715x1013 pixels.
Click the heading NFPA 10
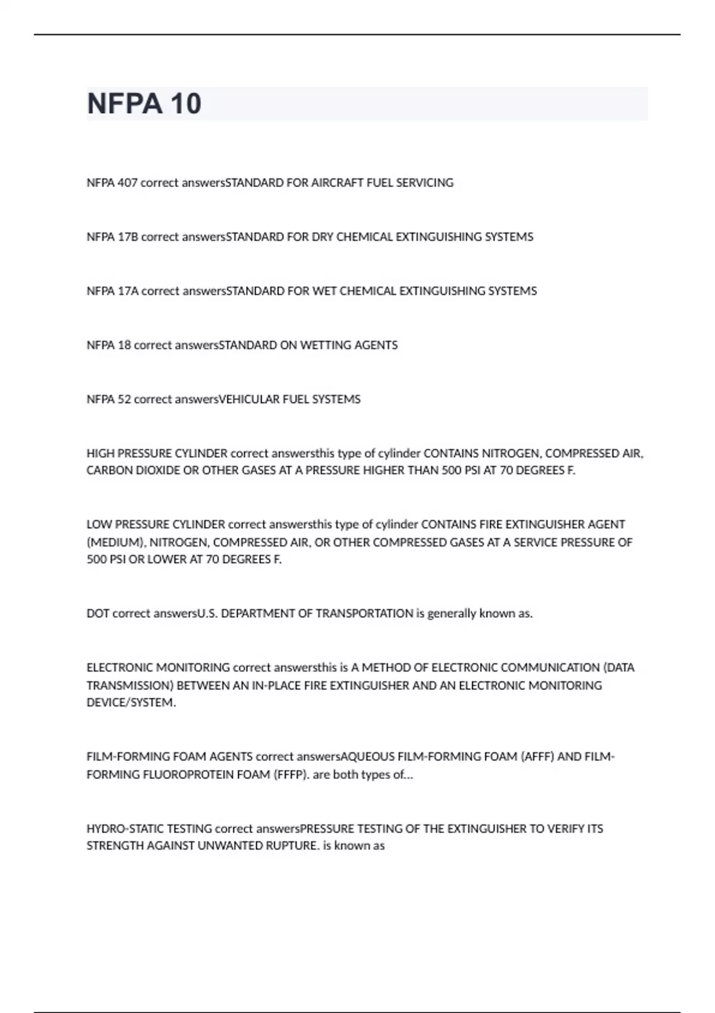[144, 104]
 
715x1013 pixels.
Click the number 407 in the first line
[128, 183]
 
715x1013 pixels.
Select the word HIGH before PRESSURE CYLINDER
[101, 453]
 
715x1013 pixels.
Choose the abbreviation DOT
[98, 614]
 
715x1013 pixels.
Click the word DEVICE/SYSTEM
[131, 703]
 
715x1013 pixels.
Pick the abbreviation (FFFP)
[291, 775]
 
